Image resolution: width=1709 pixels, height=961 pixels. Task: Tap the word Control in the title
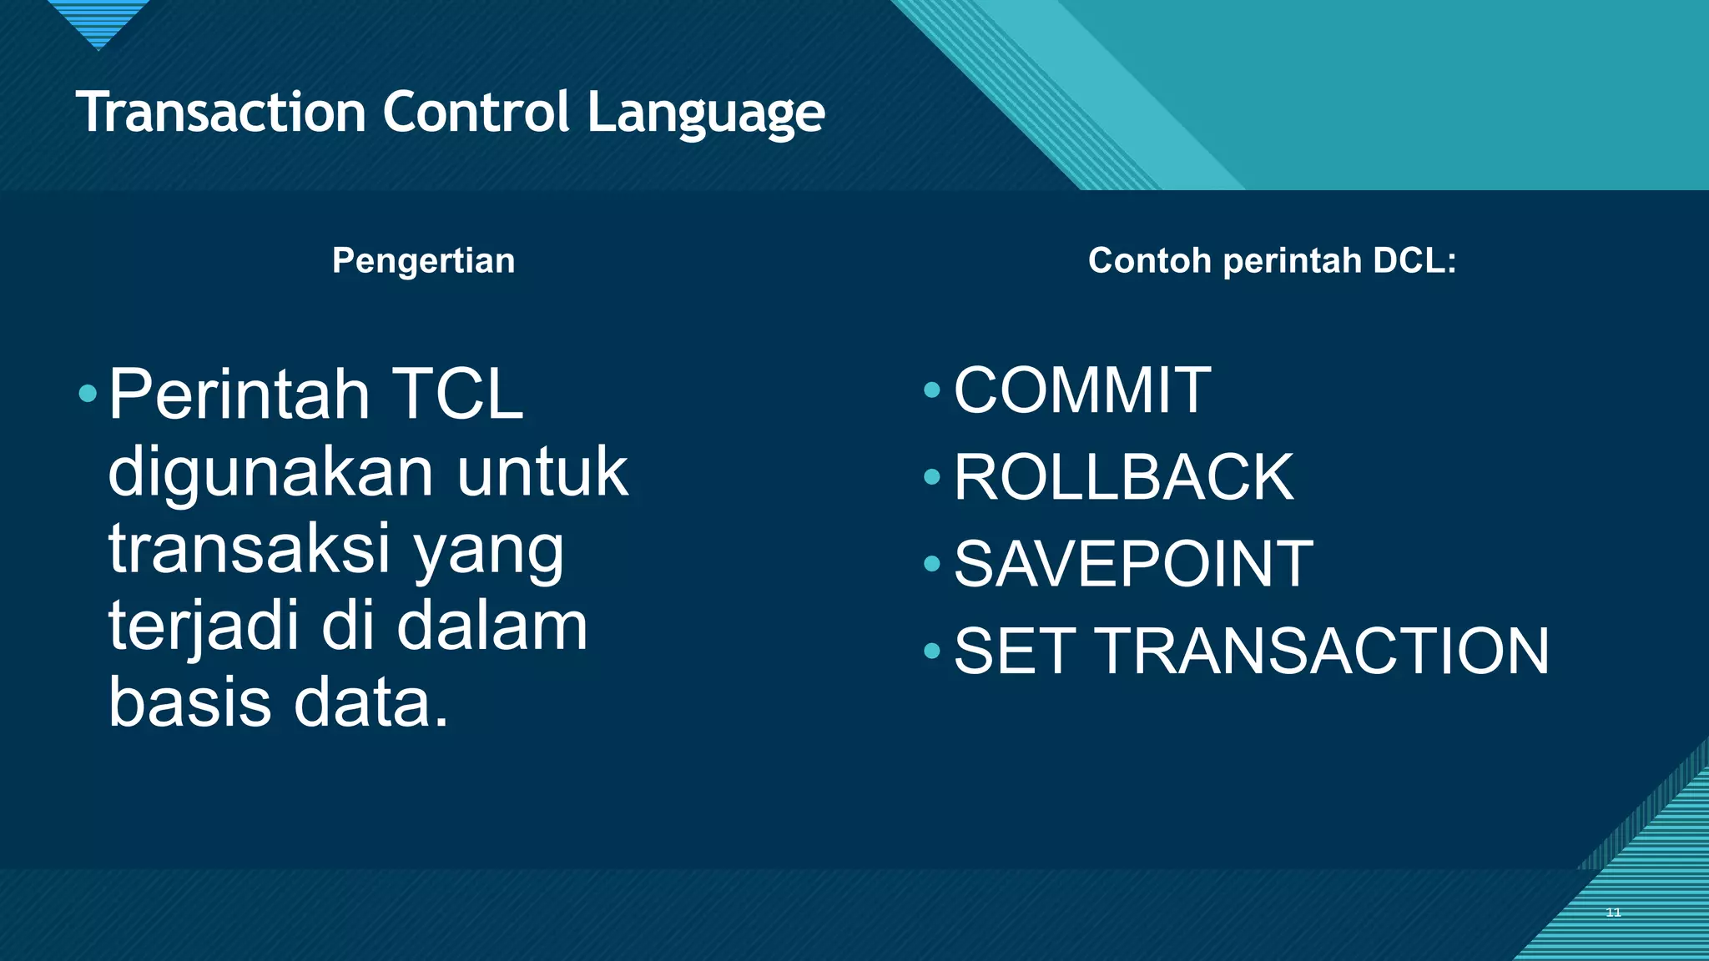click(x=476, y=112)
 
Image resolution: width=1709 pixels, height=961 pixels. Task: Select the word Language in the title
click(x=706, y=113)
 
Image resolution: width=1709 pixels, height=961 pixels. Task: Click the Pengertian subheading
click(x=423, y=261)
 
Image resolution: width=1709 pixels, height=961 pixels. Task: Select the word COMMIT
click(x=1082, y=390)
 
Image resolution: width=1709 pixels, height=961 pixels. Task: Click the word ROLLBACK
click(x=1123, y=476)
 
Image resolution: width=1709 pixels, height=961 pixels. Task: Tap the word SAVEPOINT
click(x=1133, y=564)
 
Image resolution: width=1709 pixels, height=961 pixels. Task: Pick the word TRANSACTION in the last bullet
click(x=1322, y=651)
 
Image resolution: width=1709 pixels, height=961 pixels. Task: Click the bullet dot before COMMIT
click(x=932, y=390)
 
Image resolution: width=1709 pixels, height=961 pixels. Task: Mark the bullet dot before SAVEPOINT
click(x=932, y=564)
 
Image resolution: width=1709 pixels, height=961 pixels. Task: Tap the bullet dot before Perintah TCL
click(x=88, y=393)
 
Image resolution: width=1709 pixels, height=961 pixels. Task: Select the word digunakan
click(x=271, y=473)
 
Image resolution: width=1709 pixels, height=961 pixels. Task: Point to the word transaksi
click(x=250, y=549)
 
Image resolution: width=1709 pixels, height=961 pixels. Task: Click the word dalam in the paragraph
click(x=492, y=626)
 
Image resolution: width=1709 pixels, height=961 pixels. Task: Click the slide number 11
click(x=1613, y=913)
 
